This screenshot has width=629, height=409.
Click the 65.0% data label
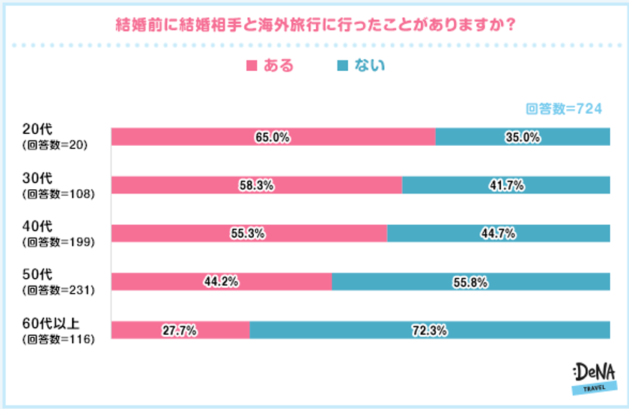click(273, 138)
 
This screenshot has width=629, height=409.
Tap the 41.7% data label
click(506, 185)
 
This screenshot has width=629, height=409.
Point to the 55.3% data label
click(249, 233)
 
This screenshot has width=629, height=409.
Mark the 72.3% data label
click(429, 330)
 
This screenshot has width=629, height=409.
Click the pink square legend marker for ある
click(251, 66)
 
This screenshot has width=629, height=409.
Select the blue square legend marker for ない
click(342, 66)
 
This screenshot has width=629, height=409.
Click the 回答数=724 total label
click(564, 109)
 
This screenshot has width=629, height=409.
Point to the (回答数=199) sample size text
click(57, 242)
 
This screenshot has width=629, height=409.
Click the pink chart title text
click(314, 24)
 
